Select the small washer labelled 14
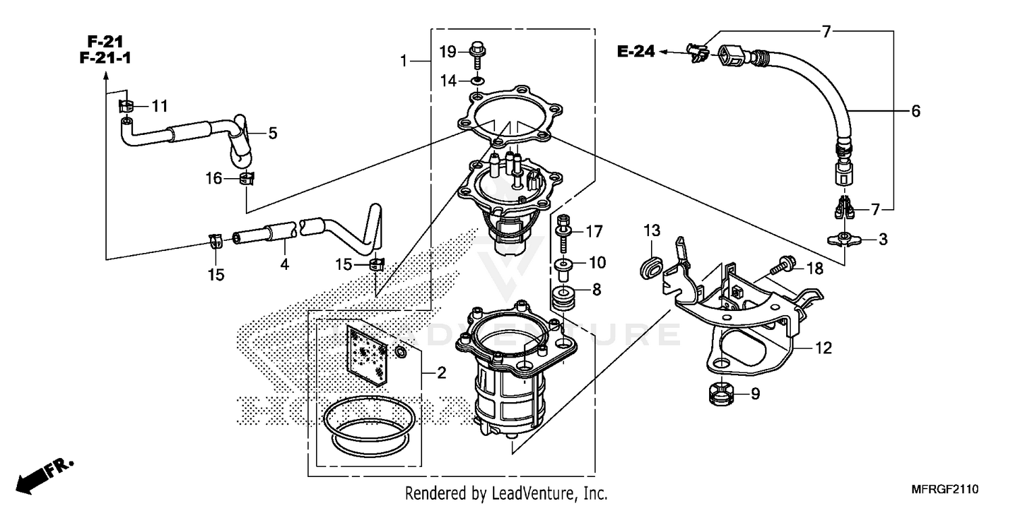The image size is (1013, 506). point(477,81)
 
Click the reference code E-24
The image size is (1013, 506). point(635,51)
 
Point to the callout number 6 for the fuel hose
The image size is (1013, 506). point(915,111)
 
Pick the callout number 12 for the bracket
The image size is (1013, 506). point(823,349)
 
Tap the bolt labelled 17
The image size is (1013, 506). point(562,228)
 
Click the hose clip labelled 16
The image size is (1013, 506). point(248,179)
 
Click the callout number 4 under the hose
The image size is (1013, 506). point(284,264)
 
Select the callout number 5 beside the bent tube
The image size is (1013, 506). point(272,134)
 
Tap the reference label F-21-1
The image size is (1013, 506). point(105,59)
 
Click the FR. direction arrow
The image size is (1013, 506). point(44,474)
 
